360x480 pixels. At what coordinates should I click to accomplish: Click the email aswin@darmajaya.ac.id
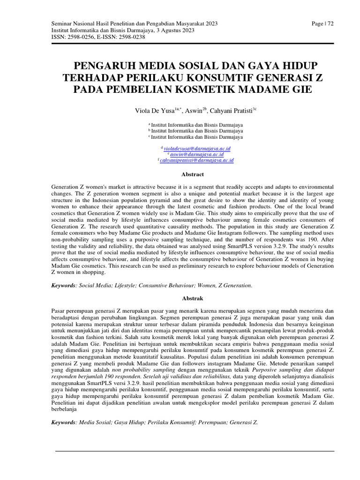[x=197, y=154]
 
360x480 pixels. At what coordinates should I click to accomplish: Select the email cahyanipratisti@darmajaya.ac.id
[x=197, y=160]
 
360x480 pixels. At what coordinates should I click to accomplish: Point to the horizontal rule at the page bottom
[x=195, y=451]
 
